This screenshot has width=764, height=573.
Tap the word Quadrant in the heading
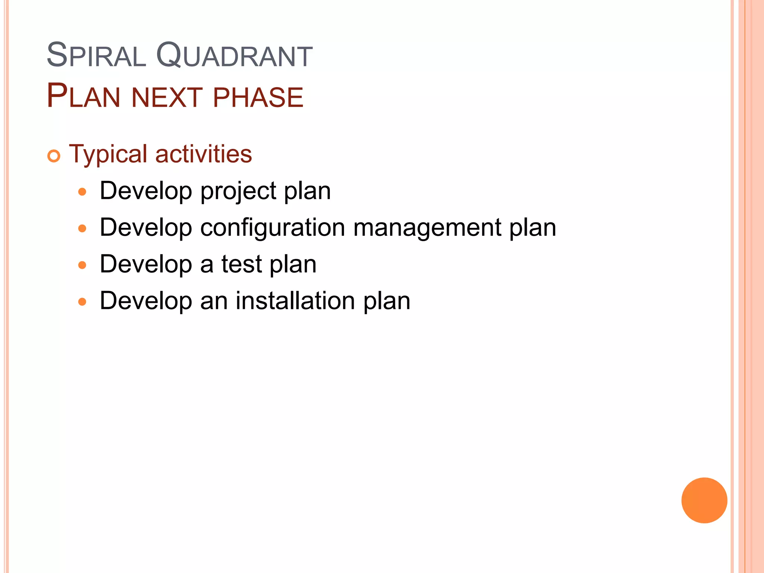[234, 56]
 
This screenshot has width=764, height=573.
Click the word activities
[204, 154]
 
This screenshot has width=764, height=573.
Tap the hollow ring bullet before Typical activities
[54, 156]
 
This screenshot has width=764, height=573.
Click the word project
[238, 192]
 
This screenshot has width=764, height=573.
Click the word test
[242, 264]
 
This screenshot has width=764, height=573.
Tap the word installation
[295, 301]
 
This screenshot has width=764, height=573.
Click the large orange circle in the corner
[704, 500]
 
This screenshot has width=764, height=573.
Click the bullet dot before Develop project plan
[82, 192]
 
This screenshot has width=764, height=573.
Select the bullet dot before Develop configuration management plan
[82, 229]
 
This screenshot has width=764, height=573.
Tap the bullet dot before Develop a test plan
[82, 265]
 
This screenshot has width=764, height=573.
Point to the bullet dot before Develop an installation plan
[82, 302]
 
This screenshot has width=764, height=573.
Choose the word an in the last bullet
[214, 301]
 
